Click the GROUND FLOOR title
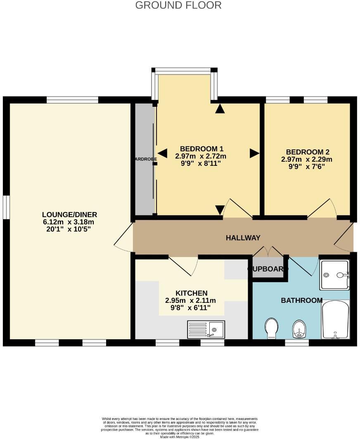click(178, 5)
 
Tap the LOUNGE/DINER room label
click(69, 215)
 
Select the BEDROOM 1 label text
click(201, 149)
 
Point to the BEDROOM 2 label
click(307, 152)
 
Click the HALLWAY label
click(243, 238)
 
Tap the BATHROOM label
click(301, 300)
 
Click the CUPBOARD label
click(268, 269)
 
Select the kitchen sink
click(206, 329)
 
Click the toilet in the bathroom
click(271, 328)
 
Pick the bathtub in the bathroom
click(335, 320)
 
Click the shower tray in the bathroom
click(334, 275)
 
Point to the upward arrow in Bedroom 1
click(220, 109)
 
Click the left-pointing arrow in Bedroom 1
click(163, 153)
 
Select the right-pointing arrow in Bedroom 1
click(254, 153)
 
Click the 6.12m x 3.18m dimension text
click(69, 222)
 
